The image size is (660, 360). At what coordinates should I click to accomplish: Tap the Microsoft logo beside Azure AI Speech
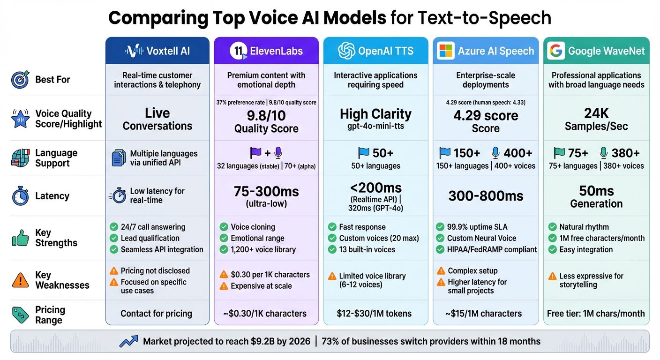(x=446, y=51)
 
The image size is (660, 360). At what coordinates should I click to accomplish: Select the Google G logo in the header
(x=555, y=51)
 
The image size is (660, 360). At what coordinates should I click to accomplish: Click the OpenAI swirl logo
(x=346, y=51)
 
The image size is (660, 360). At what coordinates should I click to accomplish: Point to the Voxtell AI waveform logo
(x=135, y=51)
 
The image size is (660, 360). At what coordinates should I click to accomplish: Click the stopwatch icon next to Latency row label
(x=20, y=196)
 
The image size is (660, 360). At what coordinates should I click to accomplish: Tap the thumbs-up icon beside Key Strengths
(x=20, y=238)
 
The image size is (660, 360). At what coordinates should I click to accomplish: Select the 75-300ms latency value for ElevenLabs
(x=266, y=192)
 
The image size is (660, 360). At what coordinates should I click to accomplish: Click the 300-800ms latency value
(x=486, y=196)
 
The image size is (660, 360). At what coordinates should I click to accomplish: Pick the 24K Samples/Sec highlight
(x=596, y=120)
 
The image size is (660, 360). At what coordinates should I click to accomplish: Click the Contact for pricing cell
(x=156, y=314)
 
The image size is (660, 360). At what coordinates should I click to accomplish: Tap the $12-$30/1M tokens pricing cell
(x=375, y=314)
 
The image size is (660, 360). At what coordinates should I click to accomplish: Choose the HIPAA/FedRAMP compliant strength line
(x=492, y=249)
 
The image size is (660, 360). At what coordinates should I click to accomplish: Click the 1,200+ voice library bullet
(x=263, y=249)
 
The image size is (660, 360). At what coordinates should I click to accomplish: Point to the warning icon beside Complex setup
(x=441, y=271)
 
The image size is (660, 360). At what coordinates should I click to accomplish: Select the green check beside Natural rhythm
(x=552, y=227)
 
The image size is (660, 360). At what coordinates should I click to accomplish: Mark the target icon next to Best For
(x=20, y=80)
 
